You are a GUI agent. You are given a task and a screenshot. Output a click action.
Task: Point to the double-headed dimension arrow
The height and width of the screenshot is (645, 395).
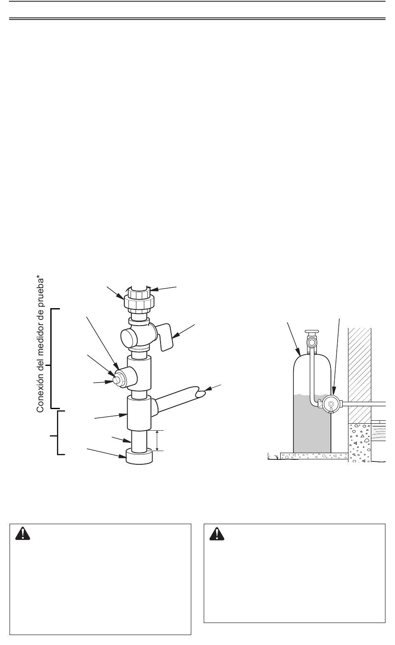click(x=157, y=440)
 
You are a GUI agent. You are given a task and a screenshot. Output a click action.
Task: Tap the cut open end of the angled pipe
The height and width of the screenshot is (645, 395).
click(x=201, y=393)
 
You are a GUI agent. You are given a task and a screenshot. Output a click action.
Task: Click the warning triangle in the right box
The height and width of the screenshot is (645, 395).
click(x=217, y=534)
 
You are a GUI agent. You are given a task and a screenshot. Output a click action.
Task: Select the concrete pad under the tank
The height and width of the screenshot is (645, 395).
click(x=314, y=456)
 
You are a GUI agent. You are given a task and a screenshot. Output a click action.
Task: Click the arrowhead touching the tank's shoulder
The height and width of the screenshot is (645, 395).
click(x=299, y=352)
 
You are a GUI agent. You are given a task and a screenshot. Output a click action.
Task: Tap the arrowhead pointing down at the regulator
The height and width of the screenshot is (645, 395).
click(x=333, y=391)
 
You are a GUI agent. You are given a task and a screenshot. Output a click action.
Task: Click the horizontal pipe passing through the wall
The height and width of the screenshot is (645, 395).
click(x=364, y=404)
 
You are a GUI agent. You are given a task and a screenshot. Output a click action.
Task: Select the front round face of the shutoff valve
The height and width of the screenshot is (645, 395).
click(x=128, y=338)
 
